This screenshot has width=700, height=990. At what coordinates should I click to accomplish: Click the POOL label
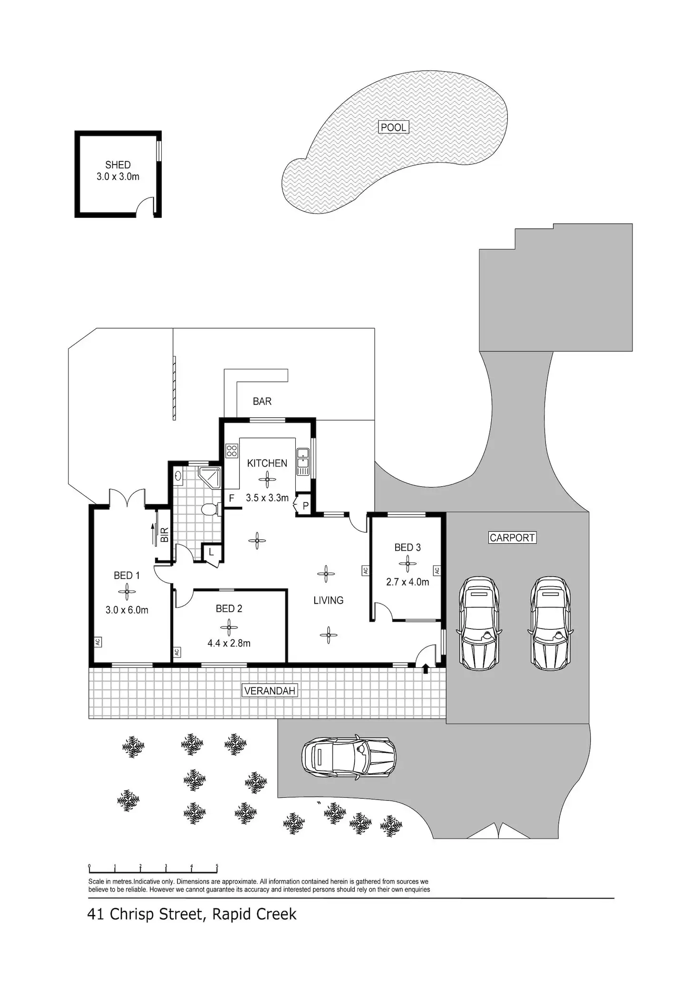point(393,127)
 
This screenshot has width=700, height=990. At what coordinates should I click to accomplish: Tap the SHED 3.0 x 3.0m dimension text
point(118,176)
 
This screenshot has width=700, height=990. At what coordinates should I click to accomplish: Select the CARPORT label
point(512,538)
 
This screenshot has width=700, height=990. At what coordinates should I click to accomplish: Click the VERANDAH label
point(270,691)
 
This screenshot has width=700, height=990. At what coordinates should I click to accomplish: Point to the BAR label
point(262,401)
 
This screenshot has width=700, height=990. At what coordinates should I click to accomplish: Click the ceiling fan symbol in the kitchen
point(267,480)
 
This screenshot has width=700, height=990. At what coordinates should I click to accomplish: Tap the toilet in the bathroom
point(209,510)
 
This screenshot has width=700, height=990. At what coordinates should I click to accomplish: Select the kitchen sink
point(303,461)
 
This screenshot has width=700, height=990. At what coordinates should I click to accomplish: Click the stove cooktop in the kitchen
point(232,451)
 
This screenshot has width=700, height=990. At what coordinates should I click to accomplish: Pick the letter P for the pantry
point(305,506)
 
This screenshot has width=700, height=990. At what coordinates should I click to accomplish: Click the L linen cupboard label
point(211,552)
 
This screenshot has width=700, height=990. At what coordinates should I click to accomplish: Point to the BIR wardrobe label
point(165,535)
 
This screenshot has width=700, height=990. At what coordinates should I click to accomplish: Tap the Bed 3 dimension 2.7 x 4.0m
point(408,581)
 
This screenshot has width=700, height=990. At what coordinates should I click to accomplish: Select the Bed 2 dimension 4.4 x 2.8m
point(229,643)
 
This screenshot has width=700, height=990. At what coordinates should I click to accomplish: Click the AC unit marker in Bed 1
point(97,642)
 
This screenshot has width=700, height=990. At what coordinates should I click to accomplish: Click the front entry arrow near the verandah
point(425,669)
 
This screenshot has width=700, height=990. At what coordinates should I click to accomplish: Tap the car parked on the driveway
point(349,758)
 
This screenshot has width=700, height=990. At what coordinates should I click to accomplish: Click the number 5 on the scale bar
point(217,866)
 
